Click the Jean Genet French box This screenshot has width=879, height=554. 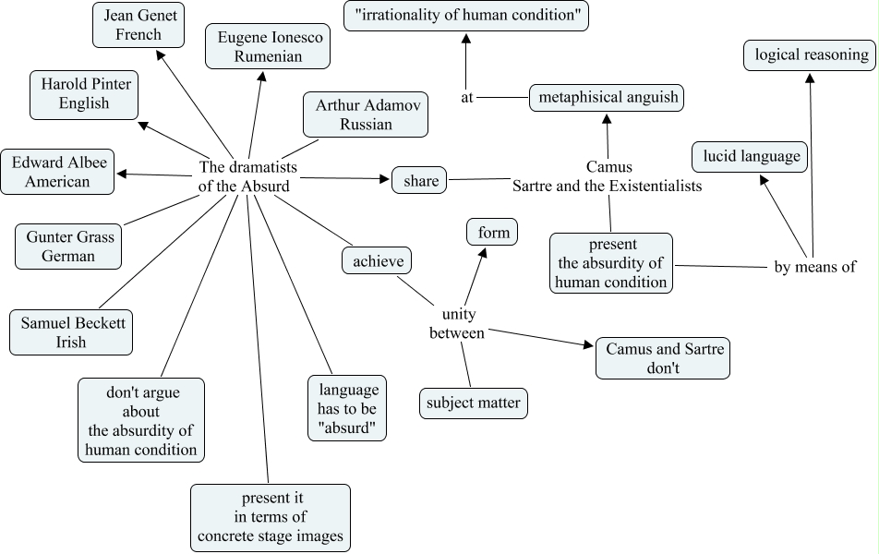[x=138, y=25]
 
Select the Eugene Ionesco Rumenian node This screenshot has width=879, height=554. [x=268, y=46]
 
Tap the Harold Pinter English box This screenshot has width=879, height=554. [x=84, y=95]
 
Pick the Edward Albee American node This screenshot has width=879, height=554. [x=57, y=172]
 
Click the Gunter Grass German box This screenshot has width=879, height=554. [x=68, y=247]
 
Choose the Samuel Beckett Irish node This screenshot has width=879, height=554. [x=71, y=332]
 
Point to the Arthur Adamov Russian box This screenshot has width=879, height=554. [x=366, y=114]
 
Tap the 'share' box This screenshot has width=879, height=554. [x=419, y=180]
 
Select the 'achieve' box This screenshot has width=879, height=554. [x=377, y=260]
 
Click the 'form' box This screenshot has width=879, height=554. [x=492, y=232]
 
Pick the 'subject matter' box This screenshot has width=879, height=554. [x=474, y=403]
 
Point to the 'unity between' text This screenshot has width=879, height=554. [x=457, y=323]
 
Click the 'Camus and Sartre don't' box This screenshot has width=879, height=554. [x=663, y=357]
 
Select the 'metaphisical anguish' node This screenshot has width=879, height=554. [x=607, y=98]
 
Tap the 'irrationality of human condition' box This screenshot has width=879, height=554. [x=466, y=16]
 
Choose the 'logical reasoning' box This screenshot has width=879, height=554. [x=810, y=55]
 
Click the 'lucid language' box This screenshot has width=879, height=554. [x=750, y=156]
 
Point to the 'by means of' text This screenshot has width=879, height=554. [x=815, y=267]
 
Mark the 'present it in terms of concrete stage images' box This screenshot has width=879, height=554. [x=271, y=518]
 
